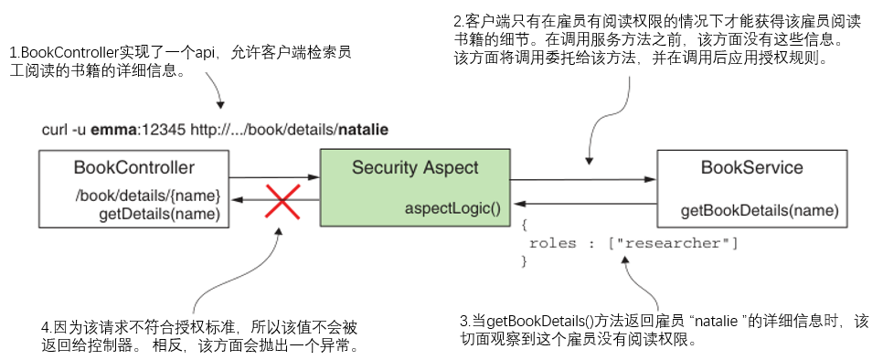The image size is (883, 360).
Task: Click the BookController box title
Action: pos(133,167)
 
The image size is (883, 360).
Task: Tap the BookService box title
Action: pos(751,167)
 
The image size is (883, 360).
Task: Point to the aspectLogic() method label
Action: pos(452,209)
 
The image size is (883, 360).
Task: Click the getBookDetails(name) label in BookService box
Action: pos(760,211)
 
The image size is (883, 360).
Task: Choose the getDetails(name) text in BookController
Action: pos(159,214)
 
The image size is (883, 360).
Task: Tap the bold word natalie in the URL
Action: pos(363,129)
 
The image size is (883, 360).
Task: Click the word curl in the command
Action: pos(54,129)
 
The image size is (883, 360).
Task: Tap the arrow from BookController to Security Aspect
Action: pos(273,177)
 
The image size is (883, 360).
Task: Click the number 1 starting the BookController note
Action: pos(12,54)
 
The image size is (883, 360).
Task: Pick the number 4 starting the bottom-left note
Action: pos(45,326)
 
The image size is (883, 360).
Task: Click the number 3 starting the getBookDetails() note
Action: pos(463,322)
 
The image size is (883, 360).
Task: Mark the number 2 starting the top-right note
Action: pos(457,20)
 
